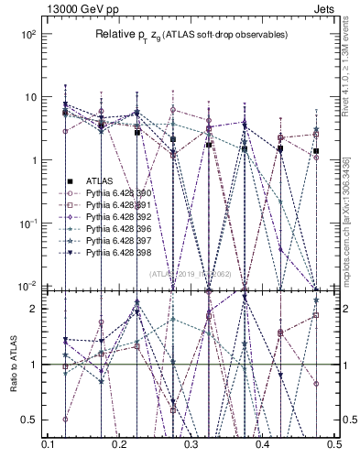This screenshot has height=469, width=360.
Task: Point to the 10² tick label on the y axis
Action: [27, 34]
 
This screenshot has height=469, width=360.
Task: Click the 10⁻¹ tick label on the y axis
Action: [27, 224]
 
